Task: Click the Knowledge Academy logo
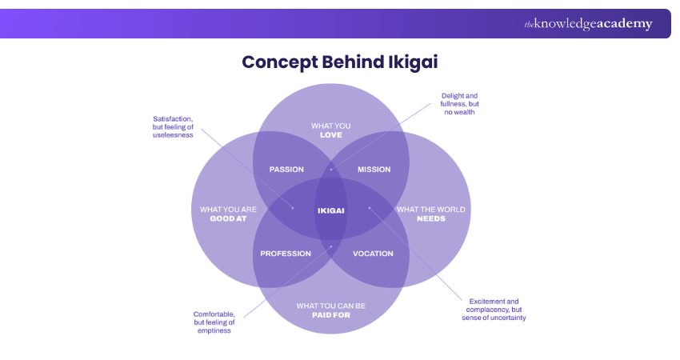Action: point(588,24)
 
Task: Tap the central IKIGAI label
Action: point(330,210)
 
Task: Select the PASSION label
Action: point(286,170)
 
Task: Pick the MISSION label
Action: point(374,170)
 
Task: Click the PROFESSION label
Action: point(286,254)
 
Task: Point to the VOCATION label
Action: point(373,254)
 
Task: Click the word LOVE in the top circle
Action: point(330,135)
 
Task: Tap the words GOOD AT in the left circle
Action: point(228,218)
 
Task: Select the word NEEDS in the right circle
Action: point(431,218)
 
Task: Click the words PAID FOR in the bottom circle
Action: point(330,314)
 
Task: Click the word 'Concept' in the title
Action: point(277,62)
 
